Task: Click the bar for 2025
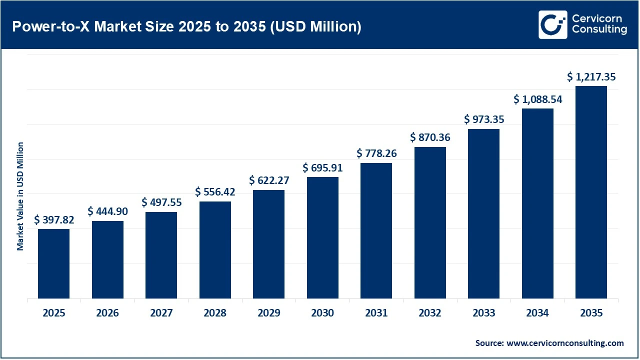point(53,264)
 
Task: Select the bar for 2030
point(322,238)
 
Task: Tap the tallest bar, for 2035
point(591,192)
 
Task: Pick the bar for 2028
point(215,250)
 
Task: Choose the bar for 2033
point(483,214)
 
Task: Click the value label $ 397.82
point(53,220)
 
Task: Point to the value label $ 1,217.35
point(591,77)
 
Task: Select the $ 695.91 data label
point(322,168)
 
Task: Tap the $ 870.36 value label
point(430,137)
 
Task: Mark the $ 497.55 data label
point(161,202)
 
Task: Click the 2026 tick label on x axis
point(107,313)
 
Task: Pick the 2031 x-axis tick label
point(376,313)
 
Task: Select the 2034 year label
point(537,313)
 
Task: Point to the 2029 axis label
point(268,313)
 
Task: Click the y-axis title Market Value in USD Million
point(20,196)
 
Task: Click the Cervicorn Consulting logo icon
point(553,24)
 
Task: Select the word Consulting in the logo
point(599,30)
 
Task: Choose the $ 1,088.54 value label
point(537,99)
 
